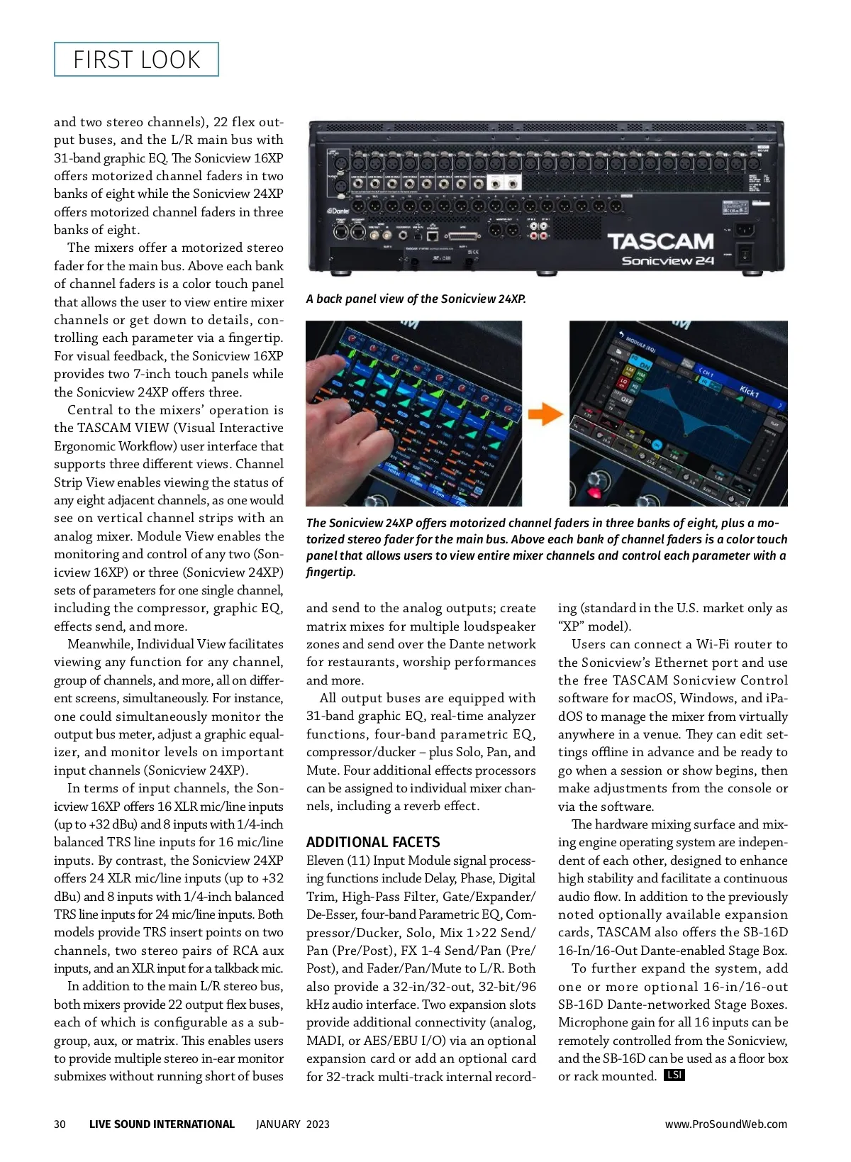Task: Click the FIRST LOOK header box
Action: (x=136, y=60)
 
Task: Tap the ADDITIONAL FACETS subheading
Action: (x=373, y=842)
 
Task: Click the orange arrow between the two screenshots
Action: (x=545, y=414)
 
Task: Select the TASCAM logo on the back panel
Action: (x=660, y=242)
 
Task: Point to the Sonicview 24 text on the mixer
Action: (x=667, y=261)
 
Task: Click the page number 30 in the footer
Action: (x=60, y=1124)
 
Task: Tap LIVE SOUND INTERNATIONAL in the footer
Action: (x=162, y=1124)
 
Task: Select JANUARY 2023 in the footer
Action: (x=293, y=1124)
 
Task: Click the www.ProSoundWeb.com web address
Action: (x=725, y=1124)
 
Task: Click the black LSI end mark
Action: (x=674, y=1075)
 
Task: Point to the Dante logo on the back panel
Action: (x=338, y=211)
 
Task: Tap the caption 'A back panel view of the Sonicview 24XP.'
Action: (x=416, y=299)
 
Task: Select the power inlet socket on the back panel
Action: (x=743, y=229)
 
